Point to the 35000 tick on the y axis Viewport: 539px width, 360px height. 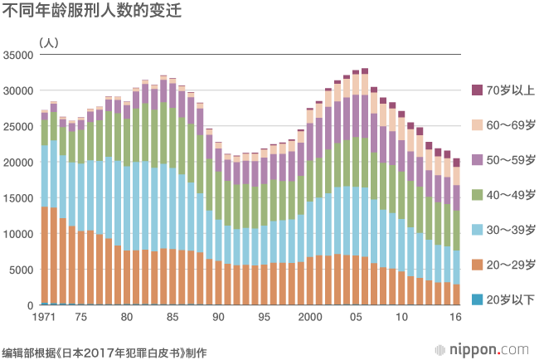(17, 55)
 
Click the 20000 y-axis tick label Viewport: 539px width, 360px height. (17, 163)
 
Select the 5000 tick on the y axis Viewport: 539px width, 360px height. (20, 270)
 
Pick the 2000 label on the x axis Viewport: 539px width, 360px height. (310, 318)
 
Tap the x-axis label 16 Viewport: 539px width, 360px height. (456, 318)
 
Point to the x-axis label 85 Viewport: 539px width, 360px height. (172, 318)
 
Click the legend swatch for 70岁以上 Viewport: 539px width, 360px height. (477, 90)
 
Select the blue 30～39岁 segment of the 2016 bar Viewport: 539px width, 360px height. (456, 267)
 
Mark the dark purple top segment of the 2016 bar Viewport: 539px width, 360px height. (456, 163)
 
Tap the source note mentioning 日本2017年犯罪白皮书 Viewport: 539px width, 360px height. (104, 351)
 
